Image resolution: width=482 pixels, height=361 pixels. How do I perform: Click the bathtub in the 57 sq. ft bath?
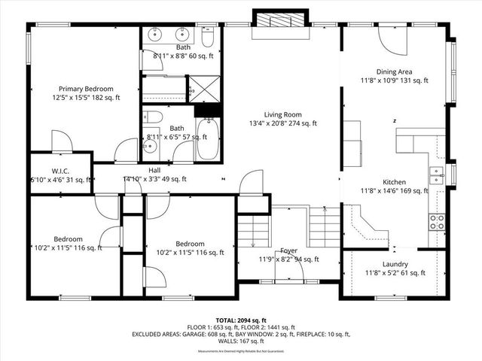pos(207,139)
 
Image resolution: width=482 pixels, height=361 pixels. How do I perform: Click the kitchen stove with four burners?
pos(437,221)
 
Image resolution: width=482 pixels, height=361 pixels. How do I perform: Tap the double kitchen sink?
pos(436,175)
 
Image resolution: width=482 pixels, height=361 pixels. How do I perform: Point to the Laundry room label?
pos(395,264)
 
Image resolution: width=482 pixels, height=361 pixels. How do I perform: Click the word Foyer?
pos(289,250)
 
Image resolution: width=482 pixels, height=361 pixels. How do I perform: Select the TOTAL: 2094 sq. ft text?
pos(241,320)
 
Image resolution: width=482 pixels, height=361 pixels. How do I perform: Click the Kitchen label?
pos(395,182)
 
